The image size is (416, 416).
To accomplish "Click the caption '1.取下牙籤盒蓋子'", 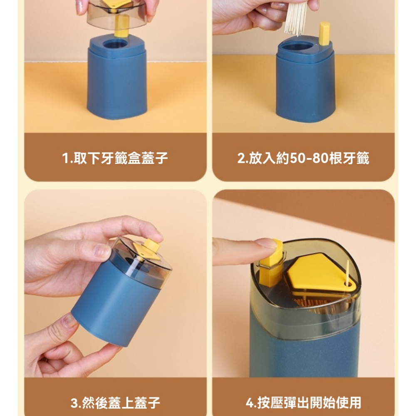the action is pos(115,158).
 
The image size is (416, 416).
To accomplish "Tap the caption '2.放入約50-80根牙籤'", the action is pos(303,158).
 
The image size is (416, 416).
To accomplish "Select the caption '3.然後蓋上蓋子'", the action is pos(115,403).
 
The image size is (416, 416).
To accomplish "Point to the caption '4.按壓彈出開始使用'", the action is pos(303,403).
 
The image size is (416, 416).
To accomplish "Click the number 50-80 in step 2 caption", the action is pos(309,158).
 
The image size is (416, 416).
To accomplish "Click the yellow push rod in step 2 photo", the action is pos(324,33).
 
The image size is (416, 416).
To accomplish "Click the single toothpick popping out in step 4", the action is pos(347,273).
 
